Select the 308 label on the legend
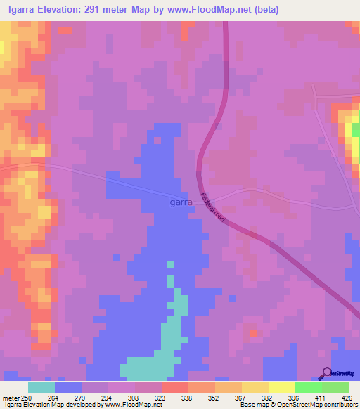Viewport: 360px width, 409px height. tap(136, 397)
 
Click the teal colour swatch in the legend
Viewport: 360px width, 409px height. tap(41, 387)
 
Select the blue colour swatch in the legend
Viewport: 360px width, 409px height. tap(68, 387)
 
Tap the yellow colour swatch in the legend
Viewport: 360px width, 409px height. tap(282, 387)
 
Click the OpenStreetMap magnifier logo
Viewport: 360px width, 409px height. tap(327, 373)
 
